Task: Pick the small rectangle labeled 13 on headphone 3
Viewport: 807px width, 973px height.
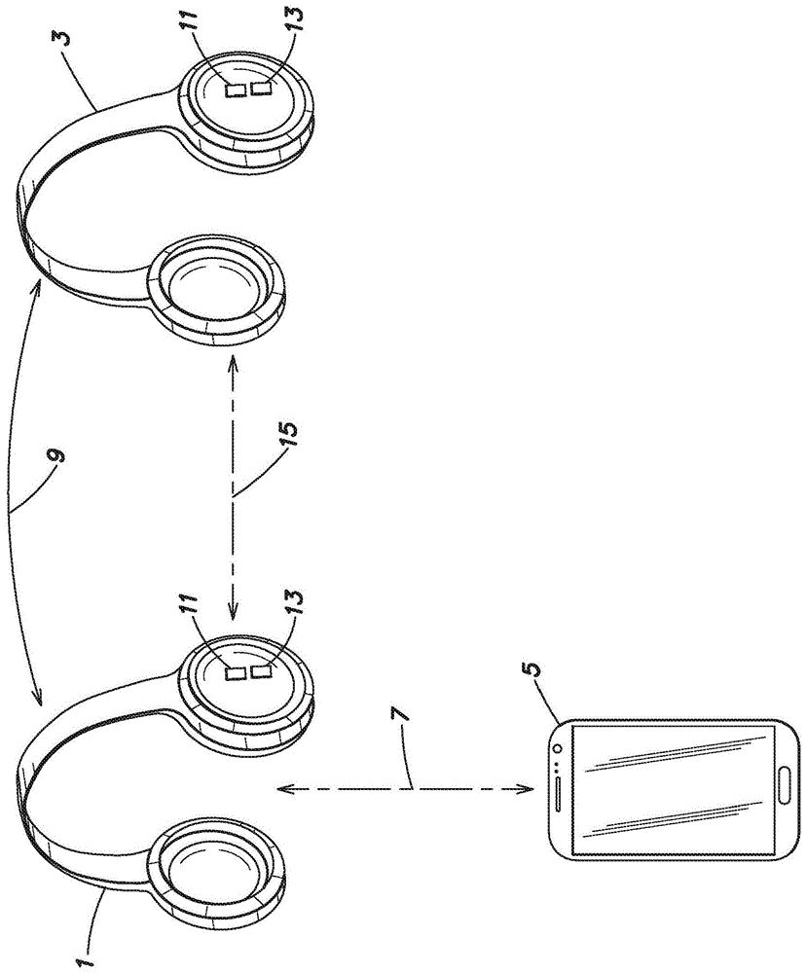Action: click(x=261, y=90)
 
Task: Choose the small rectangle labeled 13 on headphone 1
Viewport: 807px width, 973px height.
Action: click(x=260, y=671)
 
